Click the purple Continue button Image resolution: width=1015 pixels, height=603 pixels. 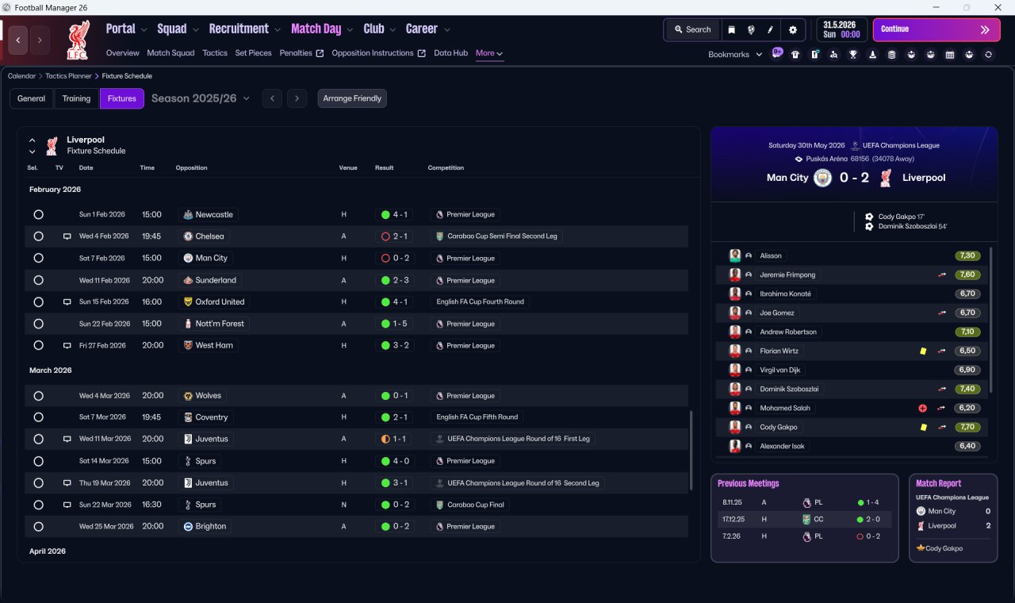(x=936, y=29)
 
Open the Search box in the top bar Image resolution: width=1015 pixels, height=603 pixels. (x=692, y=29)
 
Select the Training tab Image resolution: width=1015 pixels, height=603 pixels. (x=76, y=98)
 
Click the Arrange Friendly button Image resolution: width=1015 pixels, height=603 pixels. (x=352, y=98)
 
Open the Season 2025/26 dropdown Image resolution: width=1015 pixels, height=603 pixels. (x=201, y=98)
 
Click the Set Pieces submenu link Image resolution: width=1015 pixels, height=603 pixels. (x=253, y=53)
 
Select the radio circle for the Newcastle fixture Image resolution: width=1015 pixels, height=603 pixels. (x=39, y=214)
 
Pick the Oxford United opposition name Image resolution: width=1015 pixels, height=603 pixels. (x=220, y=302)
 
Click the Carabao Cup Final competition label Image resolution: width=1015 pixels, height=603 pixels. (x=475, y=505)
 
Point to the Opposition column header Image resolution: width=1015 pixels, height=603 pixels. (x=191, y=167)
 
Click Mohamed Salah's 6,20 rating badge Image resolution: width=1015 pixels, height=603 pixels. (x=967, y=408)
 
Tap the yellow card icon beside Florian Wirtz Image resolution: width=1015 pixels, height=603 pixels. (x=923, y=351)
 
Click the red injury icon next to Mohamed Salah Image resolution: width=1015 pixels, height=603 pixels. (x=922, y=408)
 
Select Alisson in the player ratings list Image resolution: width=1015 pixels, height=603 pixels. (x=770, y=255)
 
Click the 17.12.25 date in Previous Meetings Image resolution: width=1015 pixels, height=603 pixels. (x=733, y=519)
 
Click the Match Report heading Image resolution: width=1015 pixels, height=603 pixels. (x=938, y=483)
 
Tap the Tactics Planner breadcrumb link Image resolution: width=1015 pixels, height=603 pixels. (x=68, y=76)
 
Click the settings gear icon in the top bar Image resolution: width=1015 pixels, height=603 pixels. (x=792, y=30)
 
